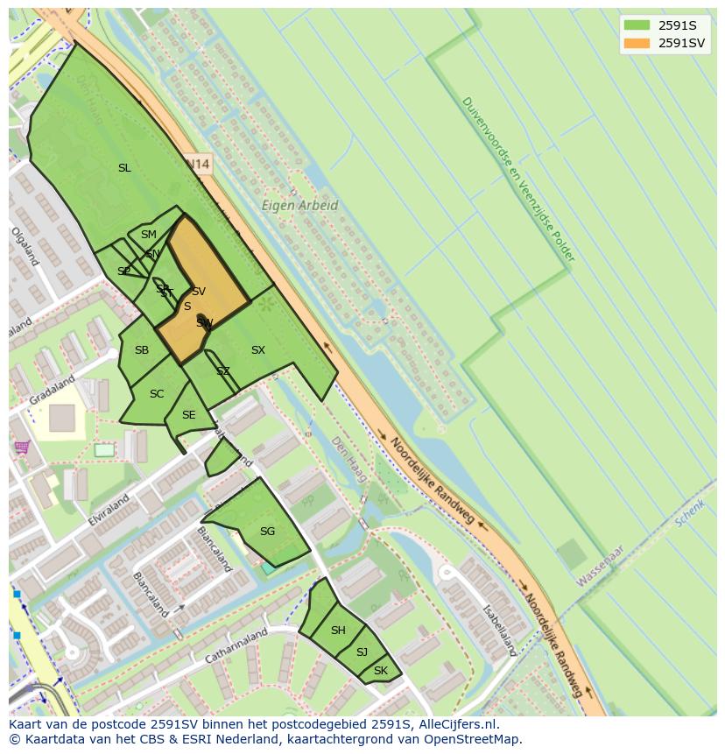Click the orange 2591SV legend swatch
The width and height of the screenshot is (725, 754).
[637, 43]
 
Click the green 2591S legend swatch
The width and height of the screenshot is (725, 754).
[637, 25]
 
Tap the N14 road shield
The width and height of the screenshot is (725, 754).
[199, 164]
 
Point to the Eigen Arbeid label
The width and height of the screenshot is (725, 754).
[299, 206]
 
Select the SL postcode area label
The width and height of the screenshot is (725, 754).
[124, 167]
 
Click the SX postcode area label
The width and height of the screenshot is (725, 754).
[257, 350]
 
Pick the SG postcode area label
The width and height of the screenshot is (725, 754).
[267, 531]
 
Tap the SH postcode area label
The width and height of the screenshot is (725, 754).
[338, 631]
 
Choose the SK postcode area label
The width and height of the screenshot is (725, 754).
[380, 671]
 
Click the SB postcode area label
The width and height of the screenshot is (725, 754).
[142, 350]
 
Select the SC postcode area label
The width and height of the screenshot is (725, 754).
[157, 394]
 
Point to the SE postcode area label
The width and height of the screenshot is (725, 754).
[188, 415]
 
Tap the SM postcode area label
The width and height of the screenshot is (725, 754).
[149, 234]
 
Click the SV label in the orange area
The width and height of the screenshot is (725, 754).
[199, 292]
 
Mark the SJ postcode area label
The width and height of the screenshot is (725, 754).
[362, 652]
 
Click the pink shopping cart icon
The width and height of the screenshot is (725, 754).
[22, 447]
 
